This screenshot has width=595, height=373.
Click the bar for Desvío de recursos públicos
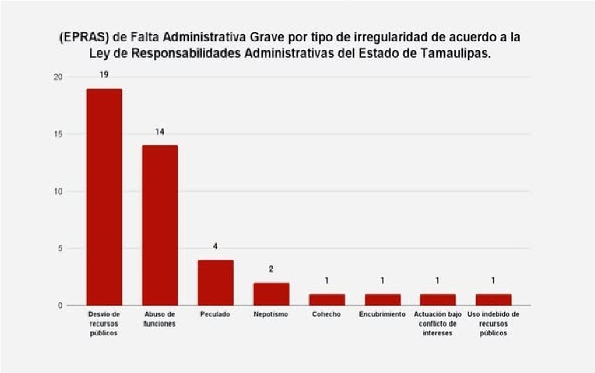click(104, 197)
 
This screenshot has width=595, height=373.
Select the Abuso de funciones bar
click(160, 225)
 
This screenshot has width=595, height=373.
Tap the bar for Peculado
click(215, 282)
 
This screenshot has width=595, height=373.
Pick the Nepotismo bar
click(271, 294)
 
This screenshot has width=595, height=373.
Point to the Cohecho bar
click(327, 299)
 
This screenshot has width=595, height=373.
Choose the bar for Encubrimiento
click(382, 299)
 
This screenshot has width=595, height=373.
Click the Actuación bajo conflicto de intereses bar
click(437, 299)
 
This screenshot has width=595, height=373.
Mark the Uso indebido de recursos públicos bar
click(494, 299)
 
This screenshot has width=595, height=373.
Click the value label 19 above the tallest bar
click(104, 75)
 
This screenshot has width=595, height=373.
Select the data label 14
click(160, 132)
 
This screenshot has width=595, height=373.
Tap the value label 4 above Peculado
click(215, 246)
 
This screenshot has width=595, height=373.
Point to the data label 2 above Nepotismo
click(271, 269)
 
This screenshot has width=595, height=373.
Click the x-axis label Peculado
click(215, 314)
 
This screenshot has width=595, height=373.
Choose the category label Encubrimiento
click(382, 314)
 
